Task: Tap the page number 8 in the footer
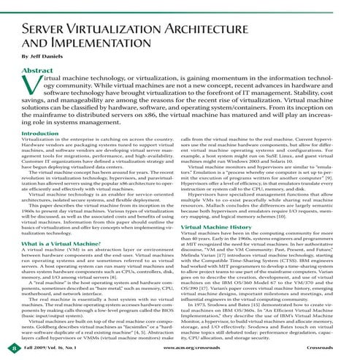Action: coord(7,351)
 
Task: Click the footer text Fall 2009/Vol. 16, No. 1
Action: coord(49,351)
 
